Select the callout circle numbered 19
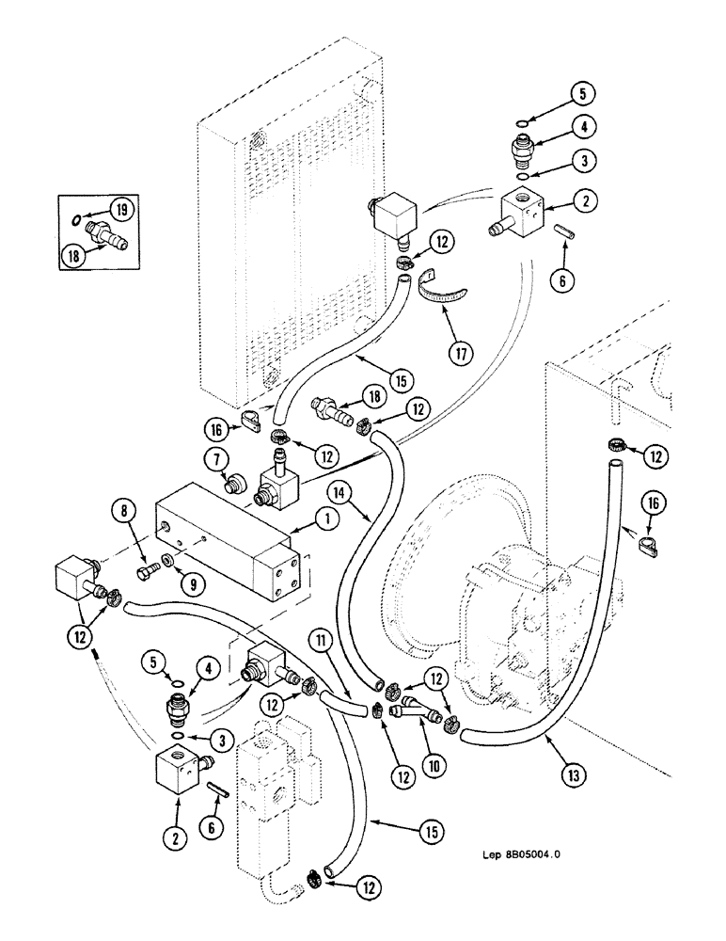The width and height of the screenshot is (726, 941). click(x=122, y=209)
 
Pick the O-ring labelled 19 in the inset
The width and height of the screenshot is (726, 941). click(x=75, y=222)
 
